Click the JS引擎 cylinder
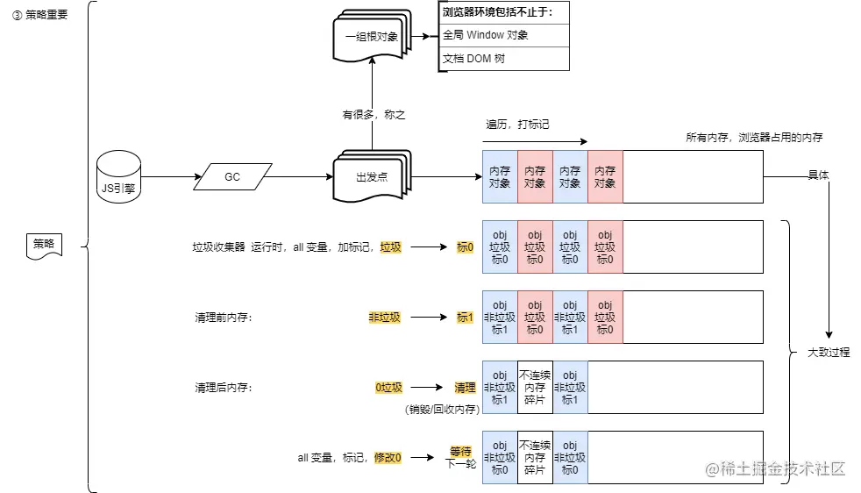click(118, 177)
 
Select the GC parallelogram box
click(232, 177)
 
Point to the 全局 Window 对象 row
click(503, 36)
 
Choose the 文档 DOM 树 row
click(503, 59)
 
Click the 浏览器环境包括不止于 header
click(503, 12)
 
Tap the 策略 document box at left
click(44, 246)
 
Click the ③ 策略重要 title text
click(39, 14)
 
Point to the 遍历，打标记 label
click(517, 125)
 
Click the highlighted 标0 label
click(465, 247)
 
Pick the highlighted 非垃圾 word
click(384, 318)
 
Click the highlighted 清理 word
click(465, 388)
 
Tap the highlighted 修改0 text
click(388, 458)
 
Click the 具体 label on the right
click(818, 175)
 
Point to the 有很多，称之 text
click(374, 114)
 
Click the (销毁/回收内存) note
click(442, 409)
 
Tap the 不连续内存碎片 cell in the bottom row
click(535, 458)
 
